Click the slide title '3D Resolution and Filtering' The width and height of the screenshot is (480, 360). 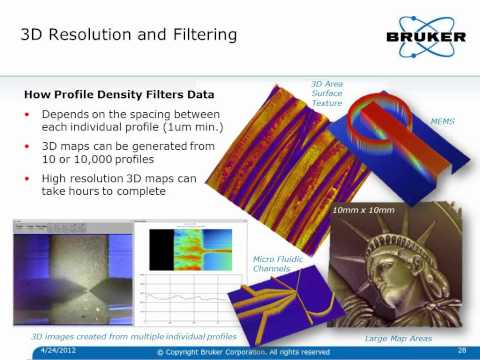coord(130,36)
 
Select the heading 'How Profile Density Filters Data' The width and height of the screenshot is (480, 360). coord(114,95)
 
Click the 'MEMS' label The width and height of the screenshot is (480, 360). coord(443,119)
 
